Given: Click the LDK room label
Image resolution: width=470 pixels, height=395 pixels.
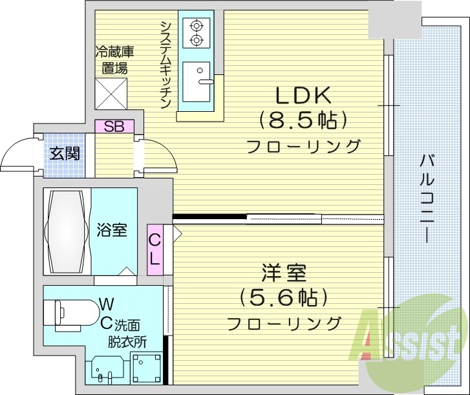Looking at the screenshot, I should [303, 96].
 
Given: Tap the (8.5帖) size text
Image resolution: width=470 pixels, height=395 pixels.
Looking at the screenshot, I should [303, 120].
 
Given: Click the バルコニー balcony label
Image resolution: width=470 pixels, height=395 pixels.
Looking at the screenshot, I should [426, 198].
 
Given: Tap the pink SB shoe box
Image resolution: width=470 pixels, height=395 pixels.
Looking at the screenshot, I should [114, 127].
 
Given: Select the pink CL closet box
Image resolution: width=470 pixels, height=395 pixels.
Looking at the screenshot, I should [155, 249].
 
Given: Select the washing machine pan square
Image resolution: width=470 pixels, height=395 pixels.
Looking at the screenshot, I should [148, 368].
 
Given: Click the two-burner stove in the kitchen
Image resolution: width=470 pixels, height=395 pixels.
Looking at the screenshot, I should [197, 32].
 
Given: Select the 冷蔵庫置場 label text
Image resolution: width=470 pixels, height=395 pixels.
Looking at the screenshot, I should [112, 59].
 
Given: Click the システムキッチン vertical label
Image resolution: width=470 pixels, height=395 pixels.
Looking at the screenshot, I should [166, 65].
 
